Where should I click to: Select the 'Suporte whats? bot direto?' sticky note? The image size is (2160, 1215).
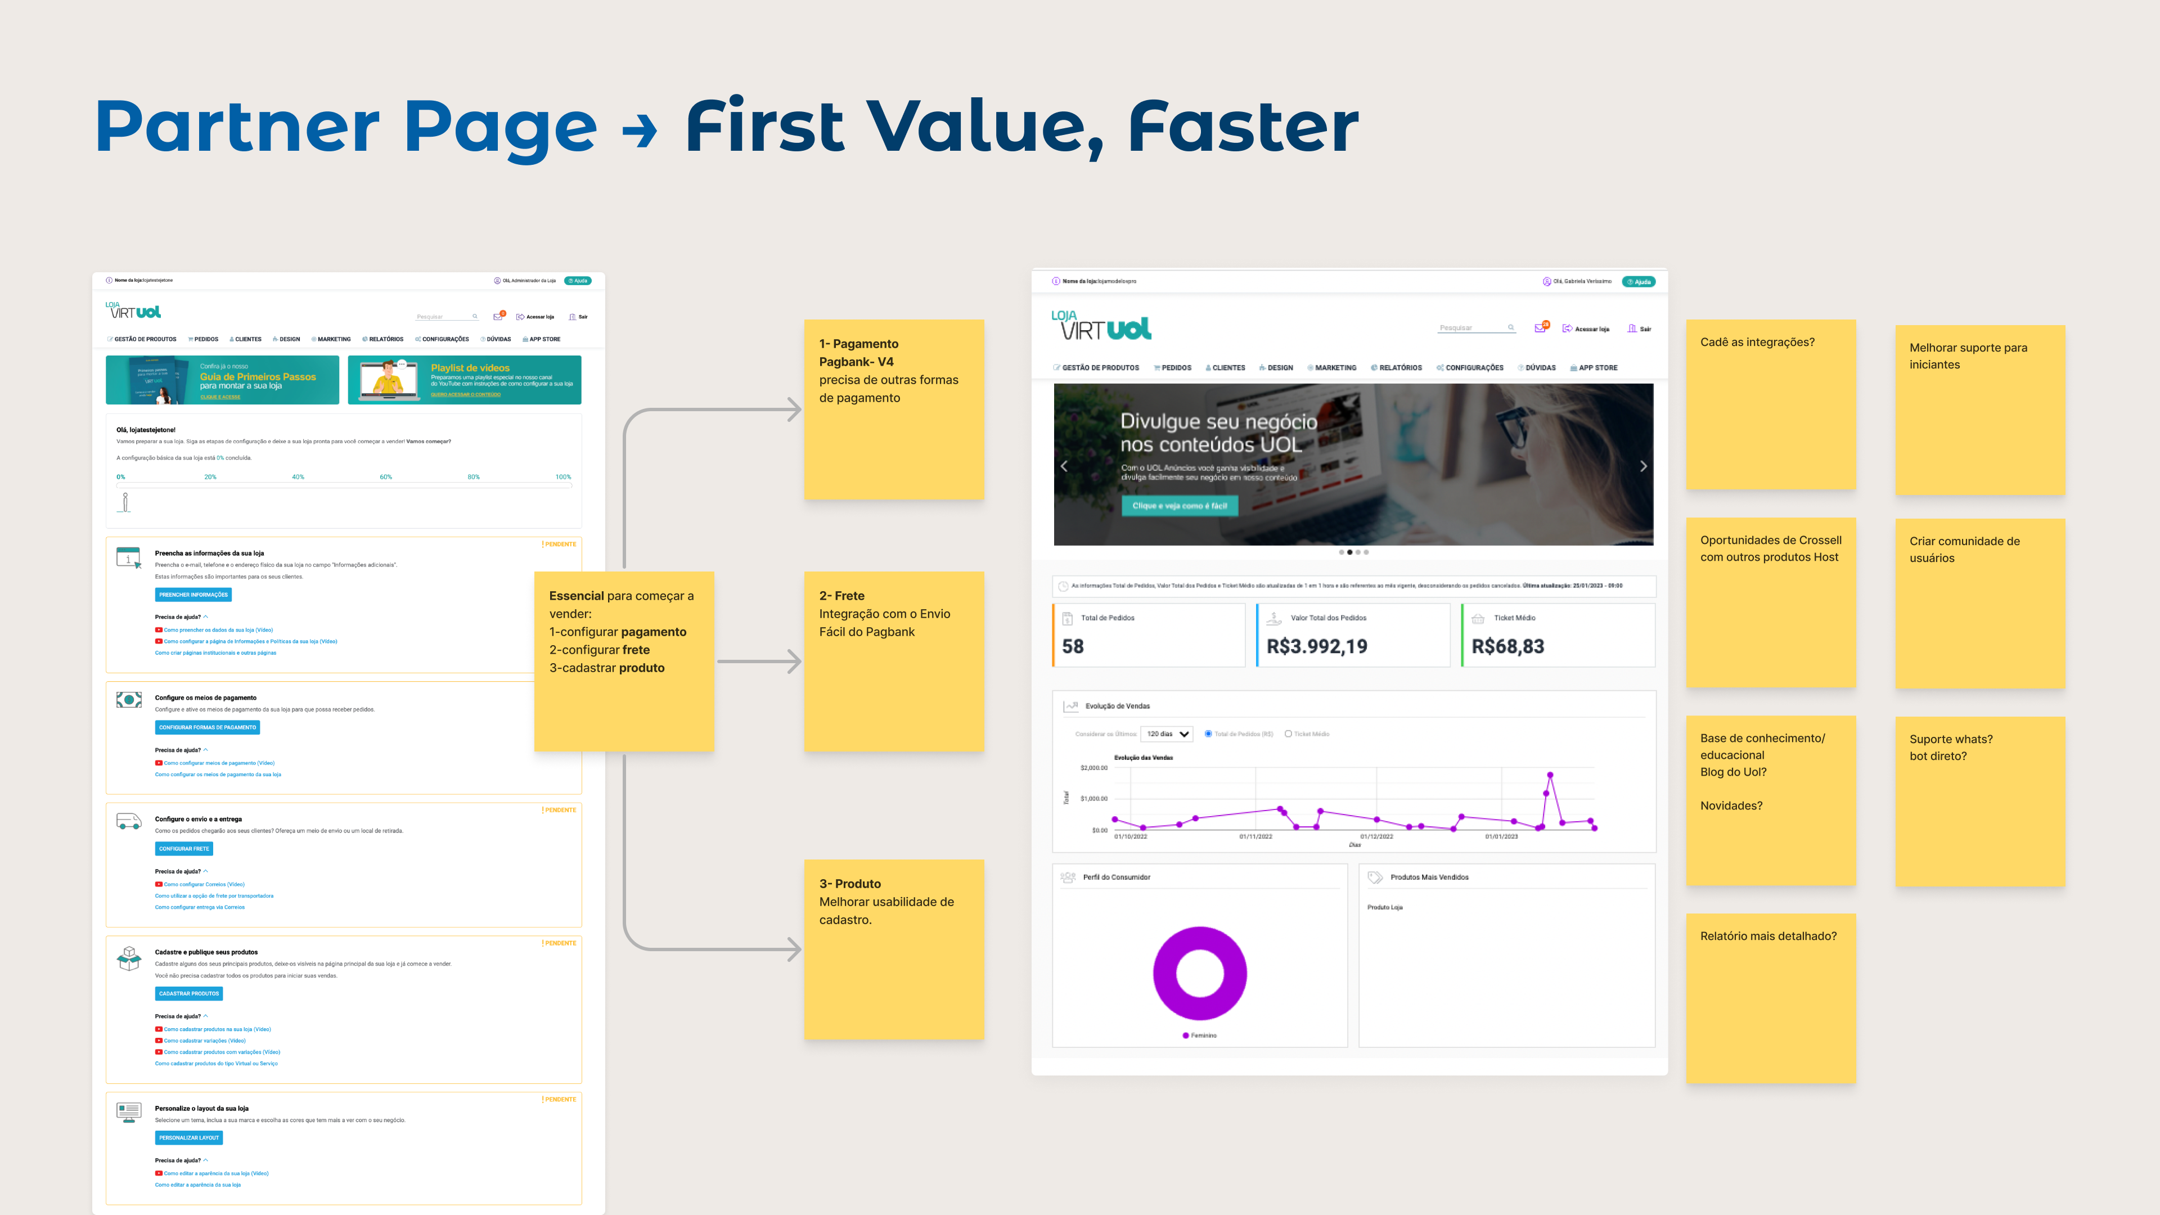tap(1980, 801)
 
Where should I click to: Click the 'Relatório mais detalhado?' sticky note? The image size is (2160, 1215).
tap(1770, 998)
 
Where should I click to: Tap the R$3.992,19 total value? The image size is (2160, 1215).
tap(1316, 646)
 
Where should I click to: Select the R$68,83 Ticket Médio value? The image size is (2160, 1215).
tap(1507, 646)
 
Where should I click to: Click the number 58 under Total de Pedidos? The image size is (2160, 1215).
tap(1073, 646)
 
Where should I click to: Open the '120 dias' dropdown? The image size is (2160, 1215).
tap(1167, 733)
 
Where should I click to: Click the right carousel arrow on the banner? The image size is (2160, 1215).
tap(1642, 466)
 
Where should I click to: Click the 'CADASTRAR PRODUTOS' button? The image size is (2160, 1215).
tap(188, 993)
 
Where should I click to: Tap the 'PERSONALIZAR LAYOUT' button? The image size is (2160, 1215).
tap(188, 1138)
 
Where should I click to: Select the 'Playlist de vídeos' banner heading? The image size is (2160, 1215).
tap(470, 367)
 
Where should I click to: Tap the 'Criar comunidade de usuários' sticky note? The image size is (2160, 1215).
tap(1980, 603)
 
